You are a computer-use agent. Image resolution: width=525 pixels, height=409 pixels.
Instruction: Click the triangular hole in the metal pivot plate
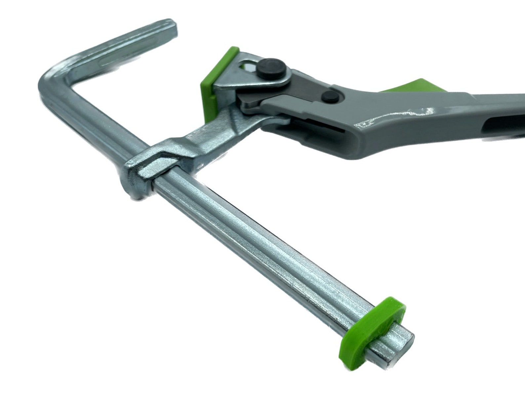point(249,66)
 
